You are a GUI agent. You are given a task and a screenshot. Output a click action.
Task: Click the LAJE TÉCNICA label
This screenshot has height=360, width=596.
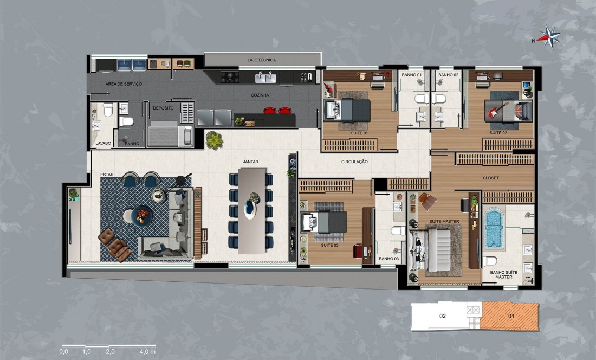pyautogui.click(x=262, y=60)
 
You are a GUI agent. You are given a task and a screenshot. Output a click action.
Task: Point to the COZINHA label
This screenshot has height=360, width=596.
pyautogui.click(x=260, y=95)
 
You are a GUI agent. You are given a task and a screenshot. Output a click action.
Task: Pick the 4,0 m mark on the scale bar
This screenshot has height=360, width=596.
pyautogui.click(x=147, y=352)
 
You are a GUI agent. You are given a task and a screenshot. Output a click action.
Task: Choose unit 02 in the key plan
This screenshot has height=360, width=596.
pyautogui.click(x=442, y=316)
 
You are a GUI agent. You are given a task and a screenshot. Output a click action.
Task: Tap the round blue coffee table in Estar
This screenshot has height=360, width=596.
pyautogui.click(x=141, y=216)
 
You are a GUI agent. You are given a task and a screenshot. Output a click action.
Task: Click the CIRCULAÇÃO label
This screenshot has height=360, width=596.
pyautogui.click(x=354, y=162)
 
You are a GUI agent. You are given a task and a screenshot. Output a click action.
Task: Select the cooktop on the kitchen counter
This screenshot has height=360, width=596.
pyautogui.click(x=230, y=77)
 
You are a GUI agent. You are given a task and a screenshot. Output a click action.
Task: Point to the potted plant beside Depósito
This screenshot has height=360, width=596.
pyautogui.click(x=215, y=140)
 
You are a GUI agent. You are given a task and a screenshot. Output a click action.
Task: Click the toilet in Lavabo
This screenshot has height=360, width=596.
pyautogui.click(x=108, y=110)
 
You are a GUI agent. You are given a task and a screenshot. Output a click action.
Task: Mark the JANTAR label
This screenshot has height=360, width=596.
pyautogui.click(x=251, y=162)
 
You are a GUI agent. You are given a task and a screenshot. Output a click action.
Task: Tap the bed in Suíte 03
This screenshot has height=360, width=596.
pyautogui.click(x=323, y=222)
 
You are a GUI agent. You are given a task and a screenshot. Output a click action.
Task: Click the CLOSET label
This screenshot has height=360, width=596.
pyautogui.click(x=491, y=178)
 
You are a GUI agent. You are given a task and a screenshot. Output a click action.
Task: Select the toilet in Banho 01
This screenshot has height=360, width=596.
pyautogui.click(x=421, y=99)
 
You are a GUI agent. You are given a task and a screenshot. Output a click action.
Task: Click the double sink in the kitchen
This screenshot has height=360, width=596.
pyautogui.click(x=265, y=78)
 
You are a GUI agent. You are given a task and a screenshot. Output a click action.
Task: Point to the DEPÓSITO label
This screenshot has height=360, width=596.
pyautogui.click(x=163, y=108)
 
